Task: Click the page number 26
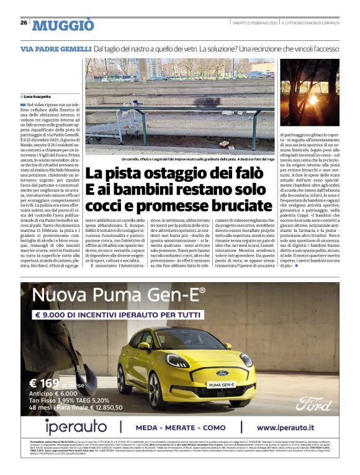pos(24,22)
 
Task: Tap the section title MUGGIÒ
pos(63,25)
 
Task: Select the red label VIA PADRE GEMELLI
pos(55,48)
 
